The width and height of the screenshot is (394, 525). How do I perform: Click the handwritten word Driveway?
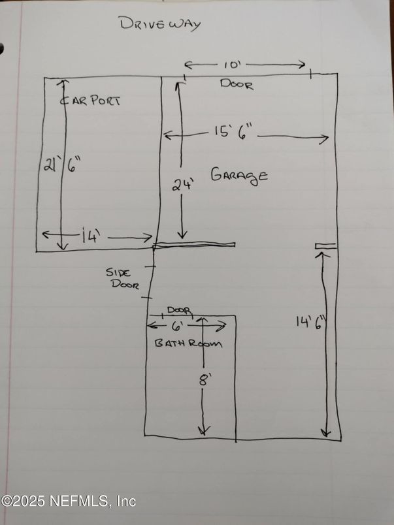pyautogui.click(x=159, y=24)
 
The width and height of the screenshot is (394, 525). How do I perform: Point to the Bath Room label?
pyautogui.click(x=188, y=343)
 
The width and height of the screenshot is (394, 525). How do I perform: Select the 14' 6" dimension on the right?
pyautogui.click(x=310, y=322)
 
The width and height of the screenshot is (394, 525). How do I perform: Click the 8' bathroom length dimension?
pyautogui.click(x=204, y=379)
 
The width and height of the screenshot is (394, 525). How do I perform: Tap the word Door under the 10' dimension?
pyautogui.click(x=236, y=84)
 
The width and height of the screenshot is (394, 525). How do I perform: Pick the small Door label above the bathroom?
pyautogui.click(x=178, y=310)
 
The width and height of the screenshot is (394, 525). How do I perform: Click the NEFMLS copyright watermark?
pyautogui.click(x=68, y=501)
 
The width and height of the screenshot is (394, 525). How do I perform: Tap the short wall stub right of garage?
pyautogui.click(x=325, y=246)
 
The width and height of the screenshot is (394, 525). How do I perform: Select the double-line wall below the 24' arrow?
pyautogui.click(x=194, y=246)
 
